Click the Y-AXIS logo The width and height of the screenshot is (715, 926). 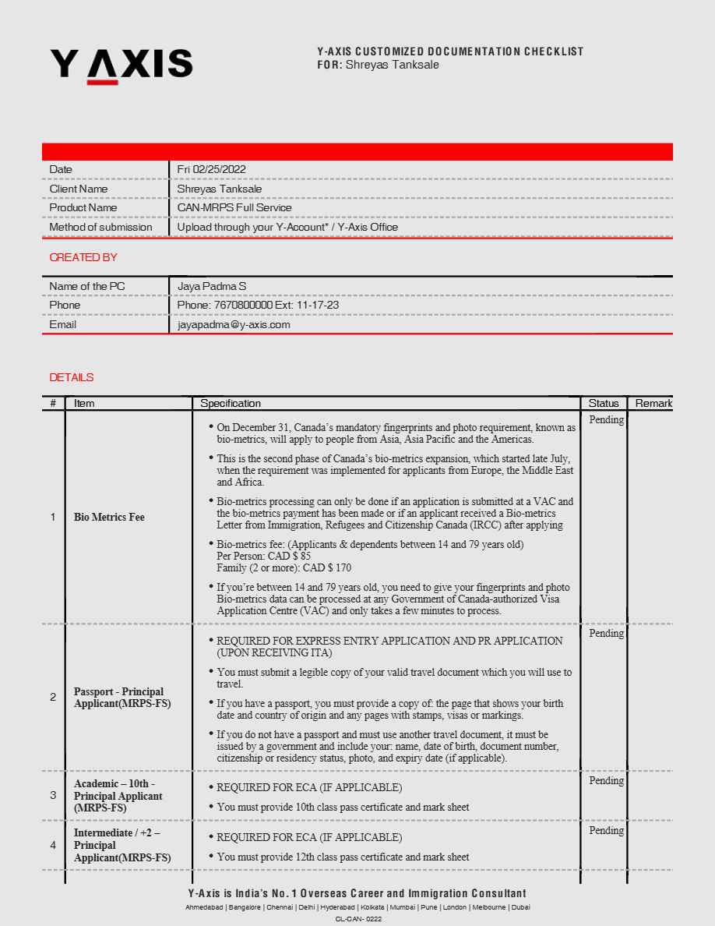[121, 64]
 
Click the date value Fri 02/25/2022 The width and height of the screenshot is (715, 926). [211, 169]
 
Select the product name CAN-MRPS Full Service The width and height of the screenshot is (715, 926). [234, 208]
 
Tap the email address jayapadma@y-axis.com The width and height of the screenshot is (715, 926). [234, 324]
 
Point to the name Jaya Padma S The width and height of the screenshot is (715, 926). [212, 286]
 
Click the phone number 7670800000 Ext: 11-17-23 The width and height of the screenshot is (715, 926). [258, 306]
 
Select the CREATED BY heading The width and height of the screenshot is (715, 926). [83, 257]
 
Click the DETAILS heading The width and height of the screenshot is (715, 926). [71, 377]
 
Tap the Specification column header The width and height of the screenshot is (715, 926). [231, 403]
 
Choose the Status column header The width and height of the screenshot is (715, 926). [604, 403]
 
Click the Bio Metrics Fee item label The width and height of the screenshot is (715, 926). [109, 517]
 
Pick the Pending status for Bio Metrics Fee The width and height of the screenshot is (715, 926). [606, 420]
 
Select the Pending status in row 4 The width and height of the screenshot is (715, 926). [606, 831]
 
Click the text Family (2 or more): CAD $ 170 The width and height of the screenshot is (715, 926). [284, 568]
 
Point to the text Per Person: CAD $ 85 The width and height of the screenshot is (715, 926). [263, 557]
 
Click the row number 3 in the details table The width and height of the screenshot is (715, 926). [53, 795]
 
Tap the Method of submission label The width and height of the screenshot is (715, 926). [100, 228]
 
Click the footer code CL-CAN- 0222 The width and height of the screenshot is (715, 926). [358, 919]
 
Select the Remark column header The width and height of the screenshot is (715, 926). [653, 403]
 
